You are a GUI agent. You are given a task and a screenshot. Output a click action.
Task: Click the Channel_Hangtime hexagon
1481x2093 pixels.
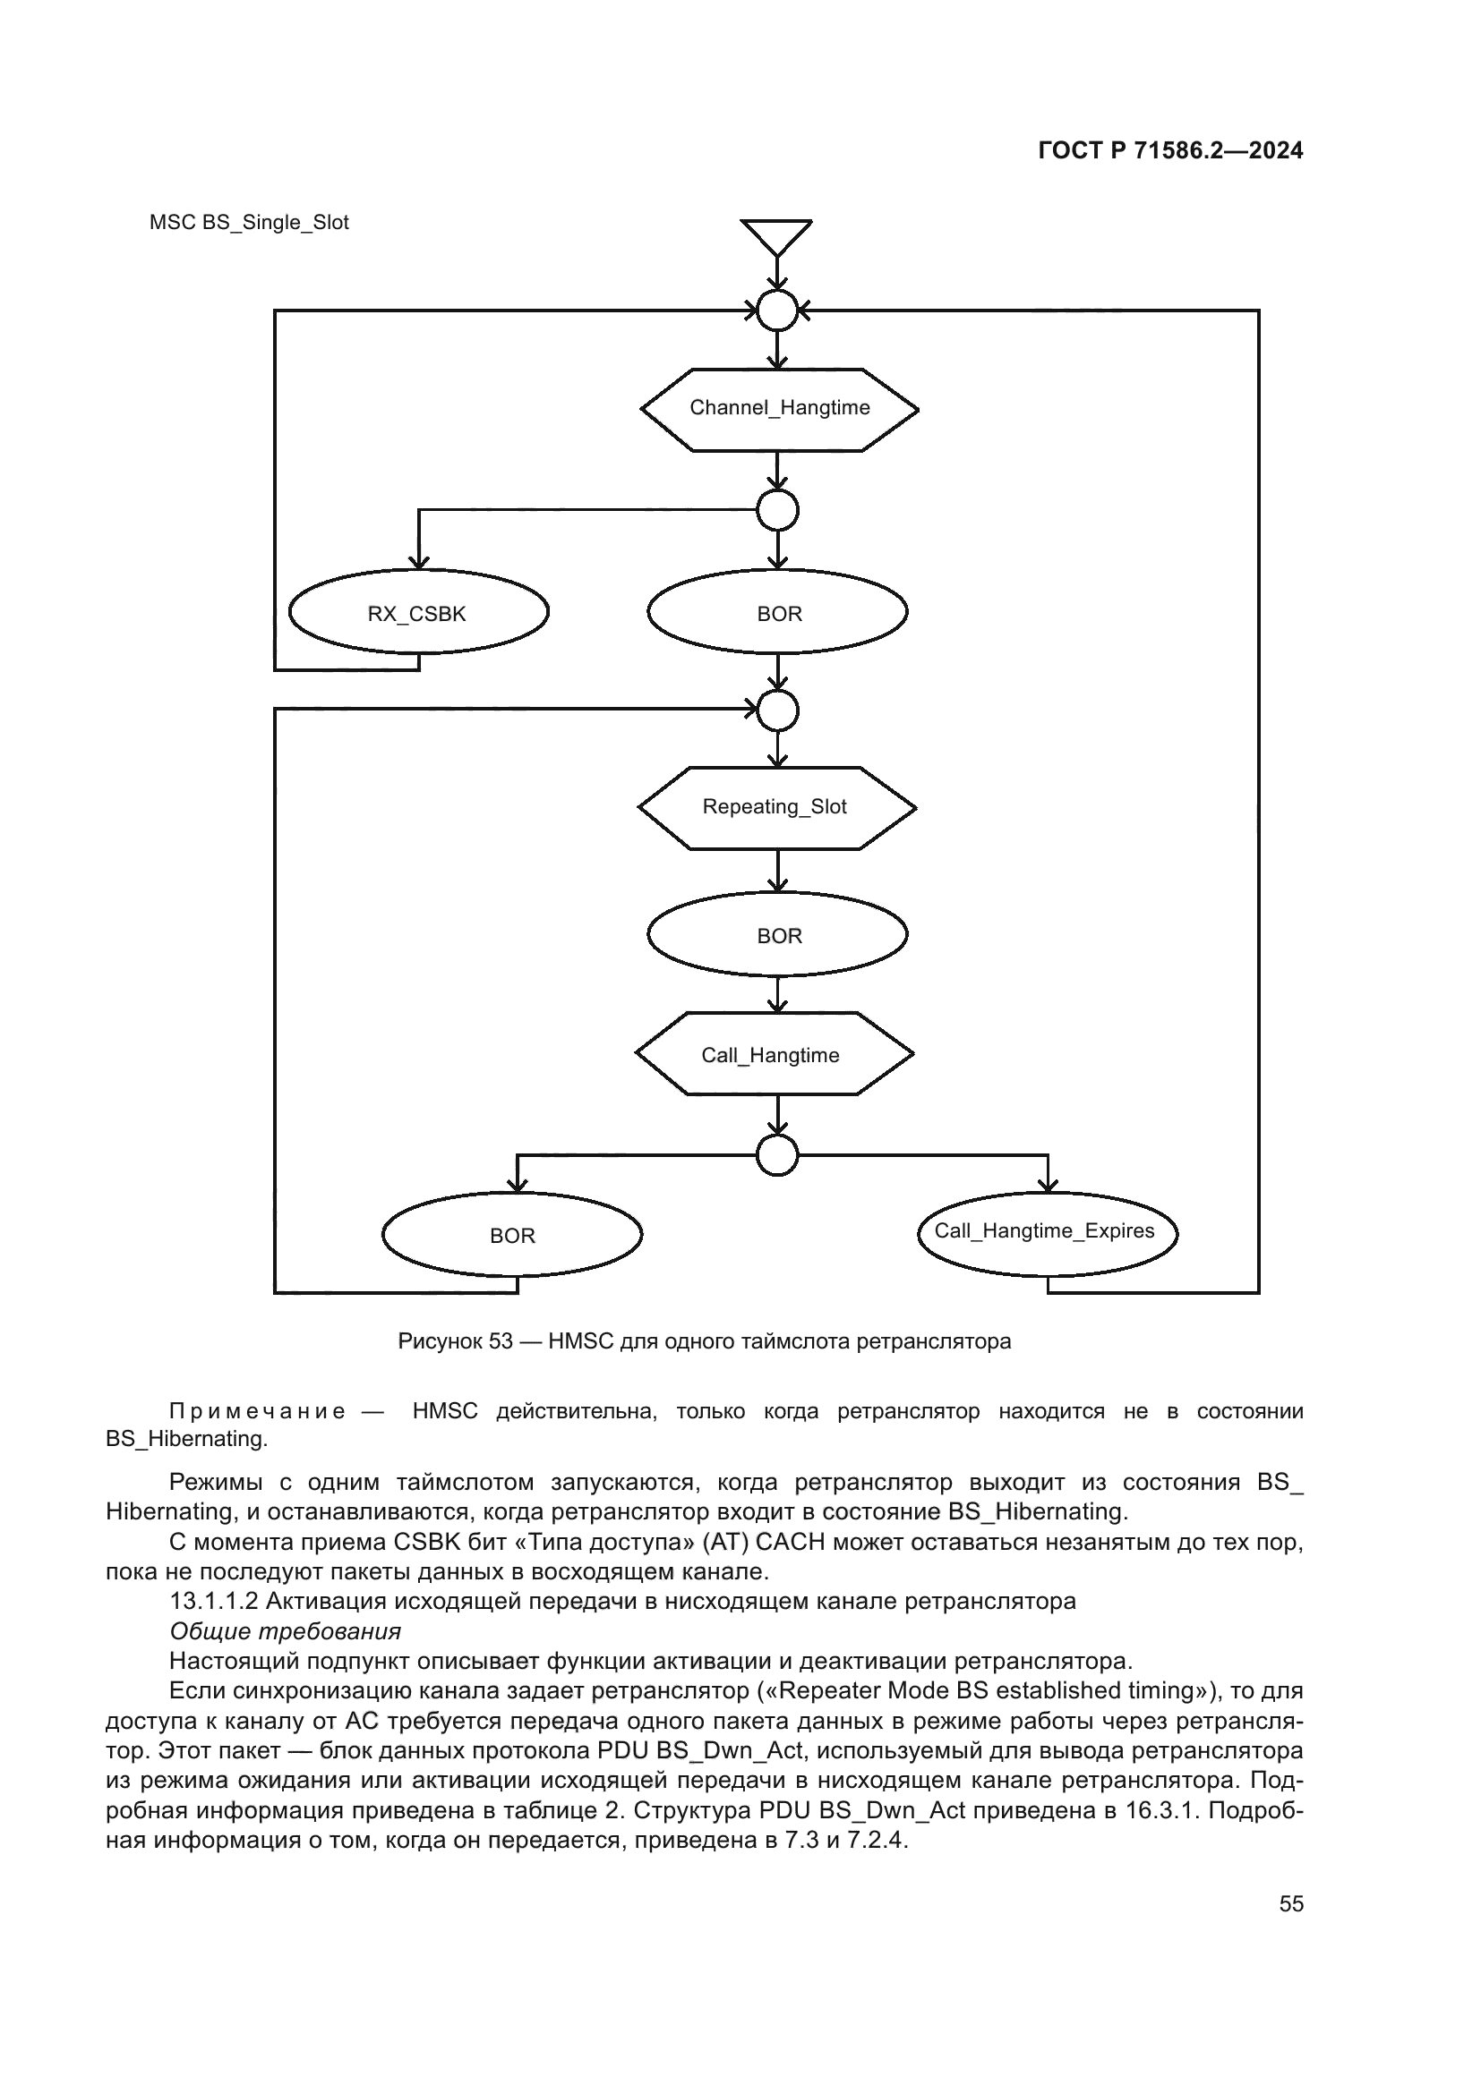point(779,409)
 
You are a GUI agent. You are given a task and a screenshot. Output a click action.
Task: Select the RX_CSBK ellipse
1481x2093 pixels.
point(417,613)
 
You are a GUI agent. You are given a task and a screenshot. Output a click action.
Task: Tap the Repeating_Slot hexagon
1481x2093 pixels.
point(776,808)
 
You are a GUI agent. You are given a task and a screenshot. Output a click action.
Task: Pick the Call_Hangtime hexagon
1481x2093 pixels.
point(775,1055)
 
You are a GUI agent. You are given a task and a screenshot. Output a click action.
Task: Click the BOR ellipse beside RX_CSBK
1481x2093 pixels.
point(777,613)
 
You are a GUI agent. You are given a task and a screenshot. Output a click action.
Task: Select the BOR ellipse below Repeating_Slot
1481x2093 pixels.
point(777,935)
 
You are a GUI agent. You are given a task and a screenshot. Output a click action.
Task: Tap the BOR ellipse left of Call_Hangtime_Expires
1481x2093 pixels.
point(511,1235)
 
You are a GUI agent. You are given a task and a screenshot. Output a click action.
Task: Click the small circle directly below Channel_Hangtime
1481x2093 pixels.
point(777,509)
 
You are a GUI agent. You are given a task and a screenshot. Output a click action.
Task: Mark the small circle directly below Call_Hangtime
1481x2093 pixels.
point(777,1155)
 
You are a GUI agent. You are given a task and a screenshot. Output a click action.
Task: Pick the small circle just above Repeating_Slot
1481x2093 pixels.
point(777,710)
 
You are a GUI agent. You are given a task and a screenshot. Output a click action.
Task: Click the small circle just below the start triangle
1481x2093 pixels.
point(777,311)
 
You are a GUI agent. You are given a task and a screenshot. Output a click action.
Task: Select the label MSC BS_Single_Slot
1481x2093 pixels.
point(249,224)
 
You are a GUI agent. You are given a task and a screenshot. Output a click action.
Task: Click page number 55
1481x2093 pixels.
point(1290,1903)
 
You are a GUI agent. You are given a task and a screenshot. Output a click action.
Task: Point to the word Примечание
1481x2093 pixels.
point(257,1412)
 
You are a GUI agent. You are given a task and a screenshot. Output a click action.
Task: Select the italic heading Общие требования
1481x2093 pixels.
point(285,1631)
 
